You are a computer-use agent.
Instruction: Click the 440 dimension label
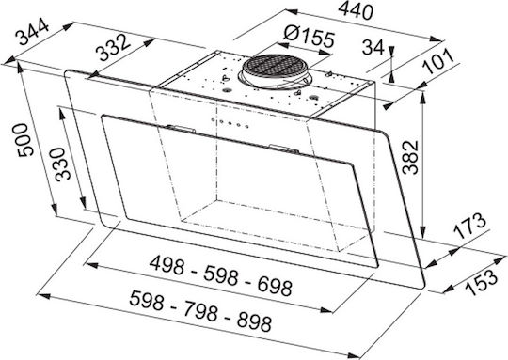point(356,11)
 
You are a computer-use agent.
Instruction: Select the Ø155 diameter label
point(309,37)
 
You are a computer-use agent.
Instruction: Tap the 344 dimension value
point(33,32)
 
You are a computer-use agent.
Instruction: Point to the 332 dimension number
point(114,47)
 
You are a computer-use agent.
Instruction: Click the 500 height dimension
point(25,140)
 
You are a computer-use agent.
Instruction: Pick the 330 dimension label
point(62,164)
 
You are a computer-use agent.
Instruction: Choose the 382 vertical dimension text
point(410,157)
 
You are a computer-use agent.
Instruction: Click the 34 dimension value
point(373,47)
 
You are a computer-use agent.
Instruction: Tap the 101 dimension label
point(439,62)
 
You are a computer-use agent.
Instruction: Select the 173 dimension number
point(469,226)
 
